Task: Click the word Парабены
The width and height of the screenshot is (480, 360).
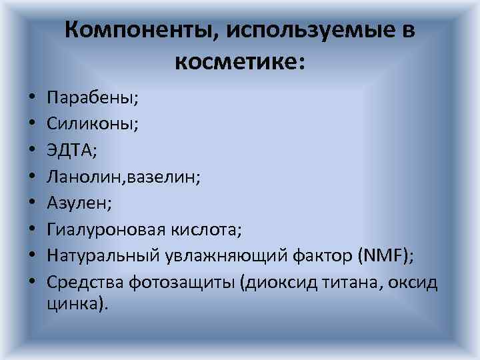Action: coord(91,99)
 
